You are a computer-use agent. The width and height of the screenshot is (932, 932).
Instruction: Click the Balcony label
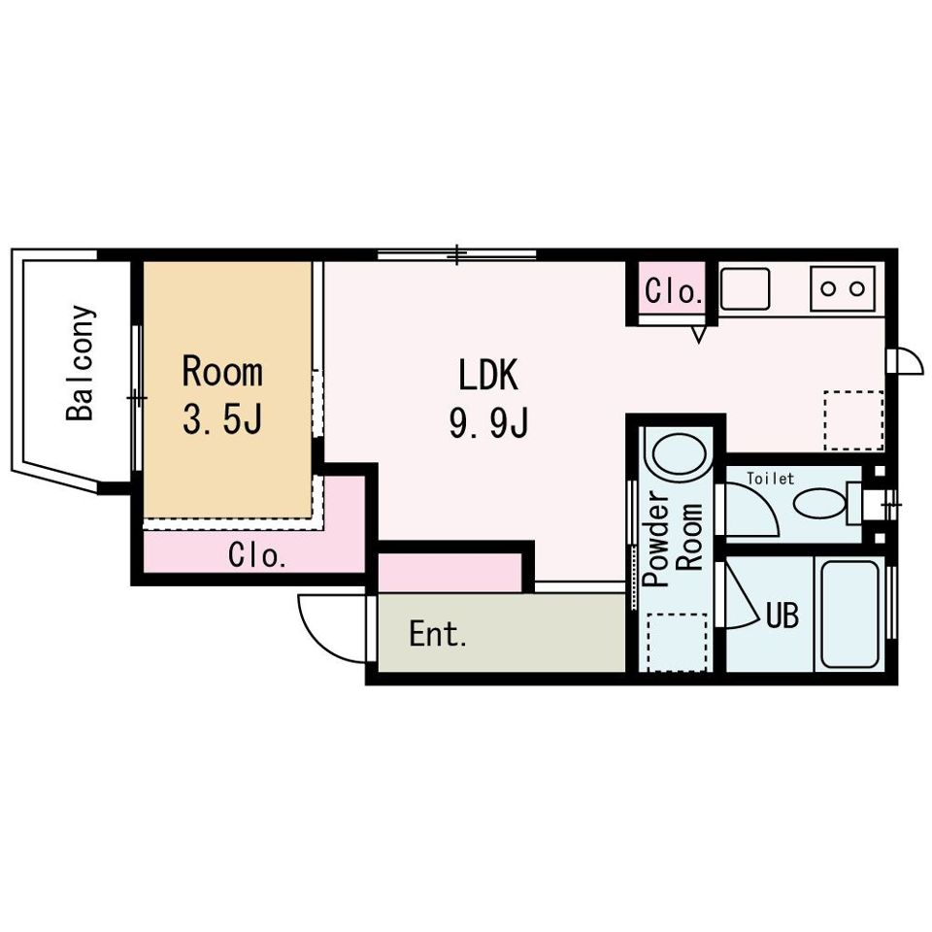[81, 363]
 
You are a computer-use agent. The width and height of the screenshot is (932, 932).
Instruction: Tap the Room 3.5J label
[222, 396]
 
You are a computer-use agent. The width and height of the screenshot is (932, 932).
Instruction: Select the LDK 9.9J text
[488, 399]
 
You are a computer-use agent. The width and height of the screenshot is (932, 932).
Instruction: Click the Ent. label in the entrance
[438, 634]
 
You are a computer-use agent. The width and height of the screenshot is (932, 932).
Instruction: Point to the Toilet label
[770, 479]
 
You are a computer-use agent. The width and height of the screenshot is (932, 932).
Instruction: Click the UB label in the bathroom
[782, 616]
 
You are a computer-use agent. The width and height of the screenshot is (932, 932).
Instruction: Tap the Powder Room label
[674, 538]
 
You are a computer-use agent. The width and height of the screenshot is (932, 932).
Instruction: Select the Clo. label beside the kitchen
[671, 291]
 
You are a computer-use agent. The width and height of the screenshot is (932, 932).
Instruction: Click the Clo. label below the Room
[256, 555]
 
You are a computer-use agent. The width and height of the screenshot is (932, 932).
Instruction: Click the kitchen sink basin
[745, 288]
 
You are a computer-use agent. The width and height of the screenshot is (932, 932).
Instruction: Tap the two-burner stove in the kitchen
[843, 289]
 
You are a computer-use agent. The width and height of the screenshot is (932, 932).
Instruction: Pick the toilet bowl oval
[819, 503]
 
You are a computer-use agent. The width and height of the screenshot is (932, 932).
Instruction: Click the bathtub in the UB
[849, 614]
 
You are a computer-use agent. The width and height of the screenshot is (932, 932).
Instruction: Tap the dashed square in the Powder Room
[677, 642]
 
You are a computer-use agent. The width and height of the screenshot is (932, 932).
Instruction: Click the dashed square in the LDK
[853, 420]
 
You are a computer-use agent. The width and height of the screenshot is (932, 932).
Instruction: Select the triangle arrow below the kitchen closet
[699, 334]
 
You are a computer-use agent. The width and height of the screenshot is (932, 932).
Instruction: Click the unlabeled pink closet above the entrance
[449, 573]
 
